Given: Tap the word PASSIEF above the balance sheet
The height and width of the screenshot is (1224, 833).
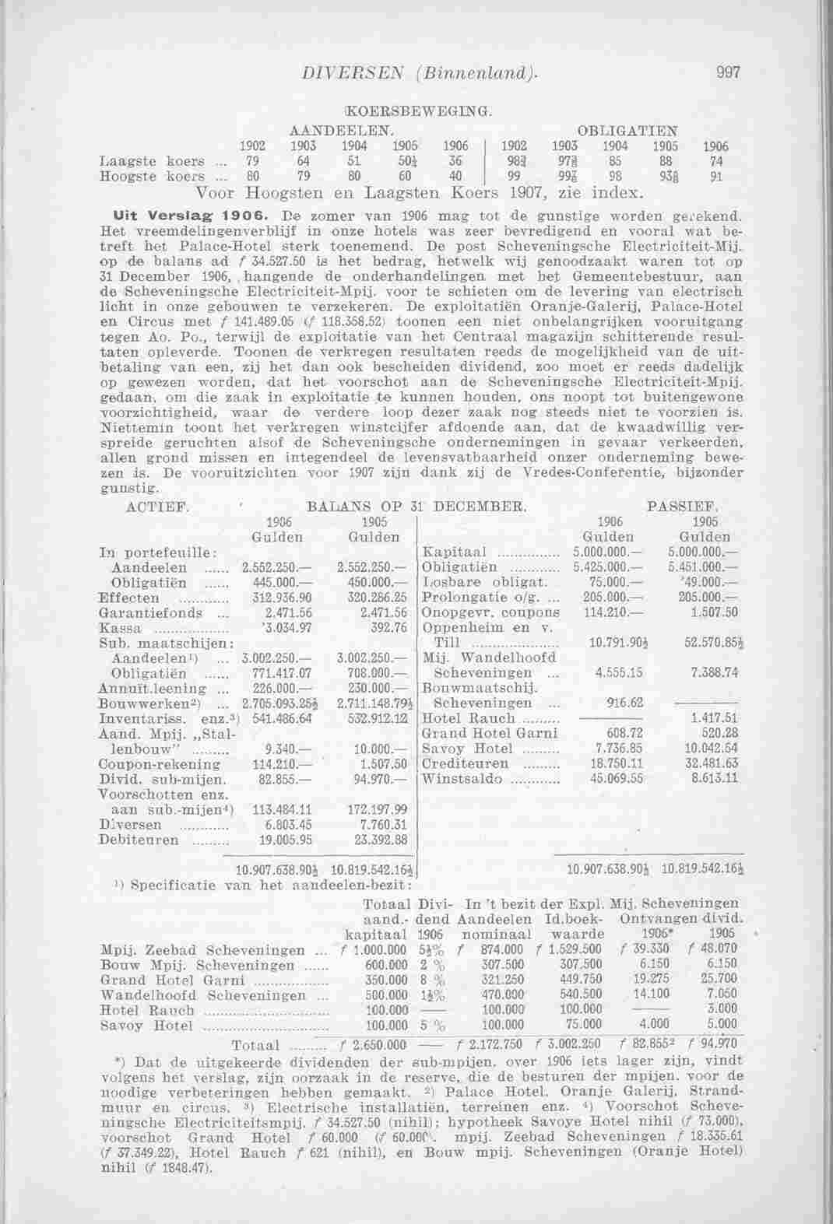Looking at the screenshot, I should [x=683, y=507].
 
